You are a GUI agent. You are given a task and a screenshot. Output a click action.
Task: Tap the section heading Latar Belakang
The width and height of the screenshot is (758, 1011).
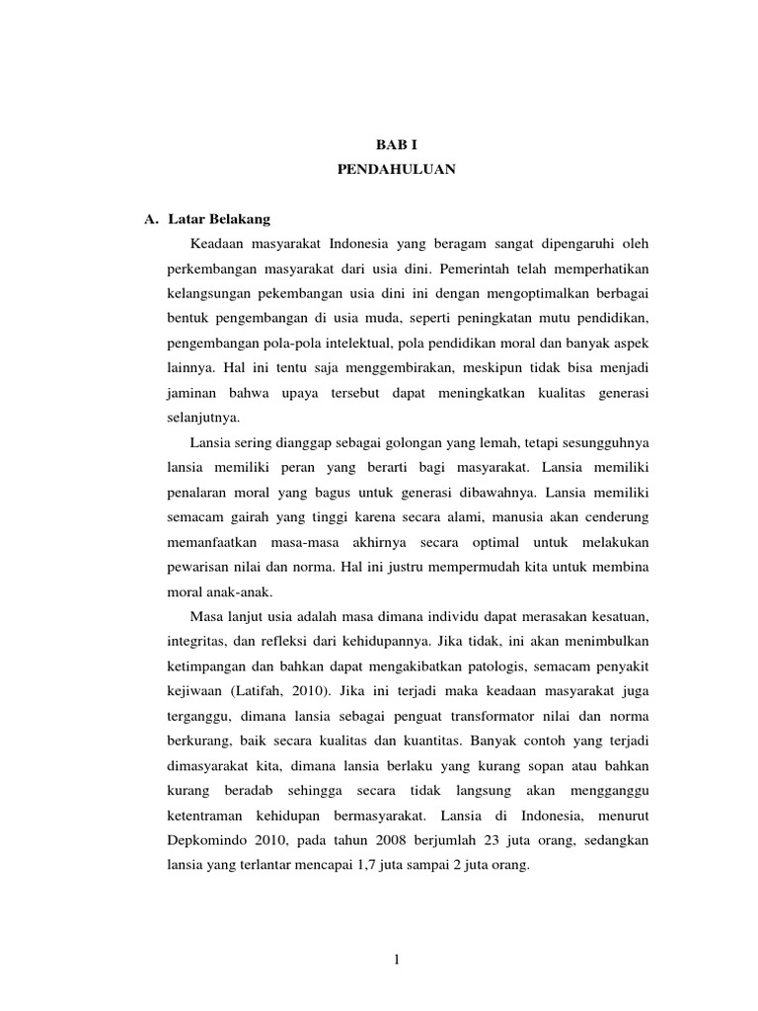pos(219,218)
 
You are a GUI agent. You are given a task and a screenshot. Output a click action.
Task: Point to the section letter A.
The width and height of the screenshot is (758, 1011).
pos(152,218)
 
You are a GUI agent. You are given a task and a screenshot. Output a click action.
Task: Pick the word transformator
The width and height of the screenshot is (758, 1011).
pos(466,715)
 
